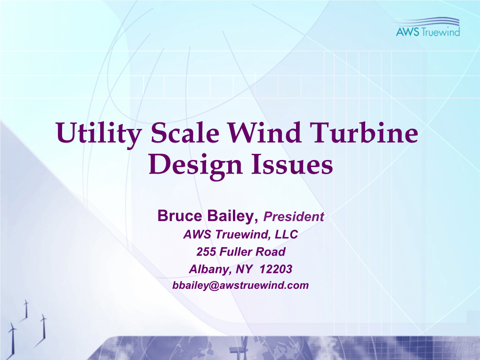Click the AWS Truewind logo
[428, 27]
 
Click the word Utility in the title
[98, 134]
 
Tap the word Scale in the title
[185, 133]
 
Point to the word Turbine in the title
[364, 133]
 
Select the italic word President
[294, 217]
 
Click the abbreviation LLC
[286, 234]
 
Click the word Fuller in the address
[236, 252]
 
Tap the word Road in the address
[270, 252]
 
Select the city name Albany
[210, 270]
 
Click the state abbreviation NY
[244, 269]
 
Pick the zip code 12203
[276, 269]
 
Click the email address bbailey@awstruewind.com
[240, 285]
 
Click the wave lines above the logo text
[427, 22]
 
